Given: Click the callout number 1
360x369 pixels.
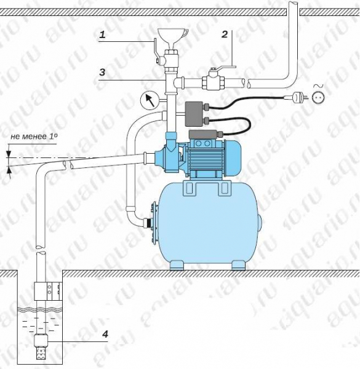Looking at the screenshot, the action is (x=102, y=35).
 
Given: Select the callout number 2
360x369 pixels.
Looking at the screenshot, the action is (x=225, y=34).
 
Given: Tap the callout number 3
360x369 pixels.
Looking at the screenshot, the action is (x=102, y=72).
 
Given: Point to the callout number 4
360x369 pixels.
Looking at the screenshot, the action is (x=105, y=334).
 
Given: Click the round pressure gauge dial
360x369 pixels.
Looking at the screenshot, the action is (x=150, y=100).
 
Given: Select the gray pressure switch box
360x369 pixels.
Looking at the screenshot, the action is (x=194, y=114).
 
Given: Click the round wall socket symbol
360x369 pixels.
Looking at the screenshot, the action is (x=318, y=97).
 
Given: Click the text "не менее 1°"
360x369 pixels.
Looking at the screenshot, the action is (x=34, y=137).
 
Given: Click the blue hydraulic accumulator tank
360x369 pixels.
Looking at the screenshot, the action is (x=209, y=224).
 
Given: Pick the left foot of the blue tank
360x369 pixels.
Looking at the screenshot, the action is (x=177, y=265).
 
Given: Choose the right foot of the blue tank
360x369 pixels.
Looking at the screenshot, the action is (x=238, y=265).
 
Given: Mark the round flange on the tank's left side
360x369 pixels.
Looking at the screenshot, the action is (x=154, y=223).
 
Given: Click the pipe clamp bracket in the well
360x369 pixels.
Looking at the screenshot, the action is (x=48, y=291).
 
